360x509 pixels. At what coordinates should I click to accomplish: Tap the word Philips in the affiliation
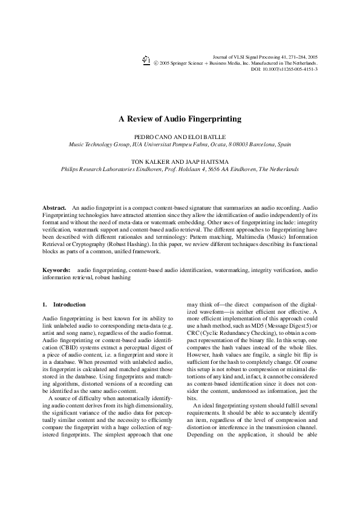(x=71, y=170)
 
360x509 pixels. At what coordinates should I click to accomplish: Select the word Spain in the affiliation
(x=284, y=145)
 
